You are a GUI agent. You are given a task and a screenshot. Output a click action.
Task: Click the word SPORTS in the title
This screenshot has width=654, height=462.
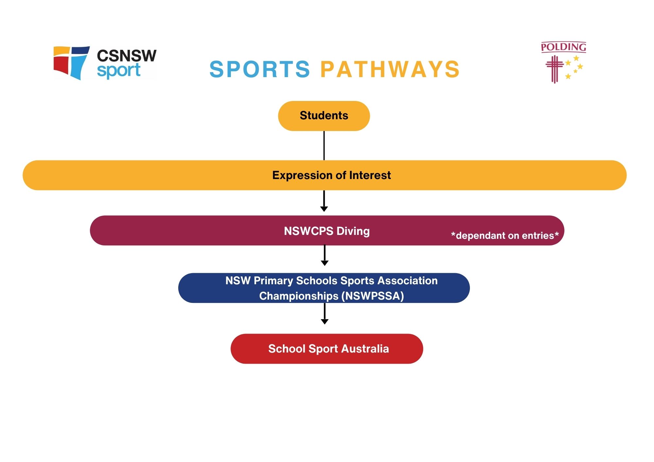(x=260, y=69)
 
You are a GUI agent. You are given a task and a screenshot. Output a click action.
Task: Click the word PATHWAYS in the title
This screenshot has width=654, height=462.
(x=390, y=69)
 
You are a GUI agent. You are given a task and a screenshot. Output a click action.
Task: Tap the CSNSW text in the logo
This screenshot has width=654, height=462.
(x=127, y=56)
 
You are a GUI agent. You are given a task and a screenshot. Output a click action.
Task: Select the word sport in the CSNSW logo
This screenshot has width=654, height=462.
(x=119, y=71)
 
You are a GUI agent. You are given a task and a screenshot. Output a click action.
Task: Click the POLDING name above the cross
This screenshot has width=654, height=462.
(x=563, y=47)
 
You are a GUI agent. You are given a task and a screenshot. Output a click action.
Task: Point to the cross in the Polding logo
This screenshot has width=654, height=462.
(x=554, y=69)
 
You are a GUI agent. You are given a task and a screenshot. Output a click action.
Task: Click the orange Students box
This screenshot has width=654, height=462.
(x=324, y=116)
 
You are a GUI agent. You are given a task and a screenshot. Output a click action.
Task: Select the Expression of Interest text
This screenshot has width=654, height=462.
(x=331, y=175)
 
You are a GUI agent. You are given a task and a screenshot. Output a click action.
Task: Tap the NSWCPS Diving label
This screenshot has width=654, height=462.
(x=327, y=231)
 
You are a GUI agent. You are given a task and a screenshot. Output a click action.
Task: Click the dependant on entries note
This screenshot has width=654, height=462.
(x=505, y=236)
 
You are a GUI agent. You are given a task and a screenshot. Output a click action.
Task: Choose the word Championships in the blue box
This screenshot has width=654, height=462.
(x=299, y=296)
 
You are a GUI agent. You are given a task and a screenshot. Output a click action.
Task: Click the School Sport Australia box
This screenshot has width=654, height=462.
(x=327, y=349)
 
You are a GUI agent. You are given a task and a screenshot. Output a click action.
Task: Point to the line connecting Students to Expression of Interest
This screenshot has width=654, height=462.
(x=324, y=146)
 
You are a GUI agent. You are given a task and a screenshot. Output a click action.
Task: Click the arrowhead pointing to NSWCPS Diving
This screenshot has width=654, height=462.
(x=324, y=209)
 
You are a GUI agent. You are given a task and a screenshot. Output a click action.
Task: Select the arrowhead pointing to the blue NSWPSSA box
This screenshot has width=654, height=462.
(x=325, y=263)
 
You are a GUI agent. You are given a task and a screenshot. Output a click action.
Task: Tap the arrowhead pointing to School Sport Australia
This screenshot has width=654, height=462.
(x=325, y=322)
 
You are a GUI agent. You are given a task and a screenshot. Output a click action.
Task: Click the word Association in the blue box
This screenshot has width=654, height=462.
(x=407, y=281)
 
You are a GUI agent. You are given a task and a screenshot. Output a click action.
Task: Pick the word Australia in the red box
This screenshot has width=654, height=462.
(x=365, y=349)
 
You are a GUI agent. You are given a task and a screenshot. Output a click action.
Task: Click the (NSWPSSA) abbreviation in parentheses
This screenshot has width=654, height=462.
(x=372, y=296)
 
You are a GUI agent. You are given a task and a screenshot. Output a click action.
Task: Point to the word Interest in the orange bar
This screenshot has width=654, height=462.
(x=370, y=175)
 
